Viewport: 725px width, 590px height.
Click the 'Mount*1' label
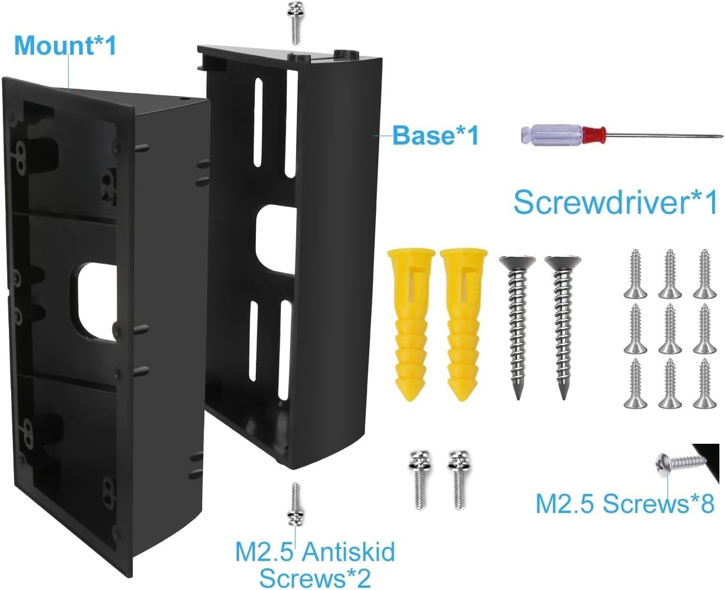(x=65, y=46)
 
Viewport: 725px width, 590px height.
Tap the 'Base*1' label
(x=436, y=135)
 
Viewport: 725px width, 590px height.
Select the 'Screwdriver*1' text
(x=616, y=203)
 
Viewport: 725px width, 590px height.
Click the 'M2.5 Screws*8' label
(x=625, y=504)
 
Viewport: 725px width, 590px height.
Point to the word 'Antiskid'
(x=349, y=551)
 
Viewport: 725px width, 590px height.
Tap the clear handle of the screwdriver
(x=552, y=135)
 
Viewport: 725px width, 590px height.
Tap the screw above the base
(x=295, y=23)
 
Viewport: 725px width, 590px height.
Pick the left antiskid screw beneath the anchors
(x=419, y=479)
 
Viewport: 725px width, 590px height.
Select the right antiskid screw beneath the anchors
(x=459, y=479)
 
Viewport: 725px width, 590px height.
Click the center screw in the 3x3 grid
(x=670, y=329)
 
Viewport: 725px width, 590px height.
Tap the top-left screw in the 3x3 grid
(x=635, y=274)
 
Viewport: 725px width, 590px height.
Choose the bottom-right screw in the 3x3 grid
(x=704, y=383)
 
